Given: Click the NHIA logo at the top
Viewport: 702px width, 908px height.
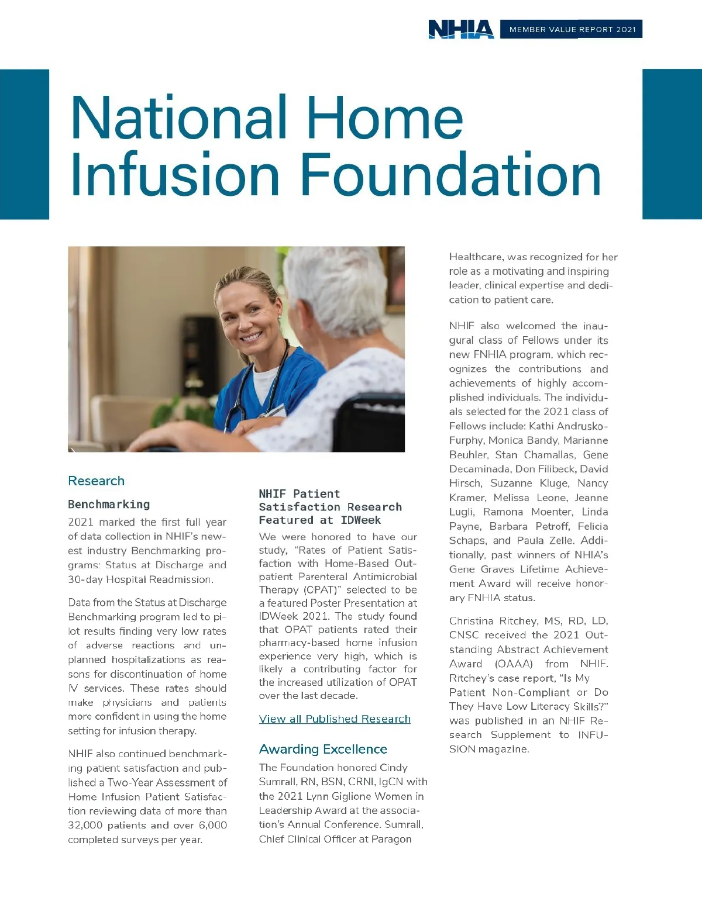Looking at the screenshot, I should click(461, 29).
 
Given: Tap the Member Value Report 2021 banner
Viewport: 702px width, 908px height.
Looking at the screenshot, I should click(572, 29).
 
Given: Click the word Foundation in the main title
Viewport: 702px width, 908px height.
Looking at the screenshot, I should click(450, 175).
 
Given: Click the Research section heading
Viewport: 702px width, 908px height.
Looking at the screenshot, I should click(96, 481).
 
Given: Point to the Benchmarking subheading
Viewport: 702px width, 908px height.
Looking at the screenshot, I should click(109, 504).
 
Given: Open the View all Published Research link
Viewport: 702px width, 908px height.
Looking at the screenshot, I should click(335, 719).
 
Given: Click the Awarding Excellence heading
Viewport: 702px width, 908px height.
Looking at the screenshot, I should click(323, 749).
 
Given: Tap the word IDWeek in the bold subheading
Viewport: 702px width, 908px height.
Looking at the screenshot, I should click(360, 520).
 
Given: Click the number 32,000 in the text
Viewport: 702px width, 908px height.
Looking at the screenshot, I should click(85, 825).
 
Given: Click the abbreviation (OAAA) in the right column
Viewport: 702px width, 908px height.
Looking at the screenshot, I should click(514, 664).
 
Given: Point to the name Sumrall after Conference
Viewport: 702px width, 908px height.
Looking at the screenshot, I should click(404, 824).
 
